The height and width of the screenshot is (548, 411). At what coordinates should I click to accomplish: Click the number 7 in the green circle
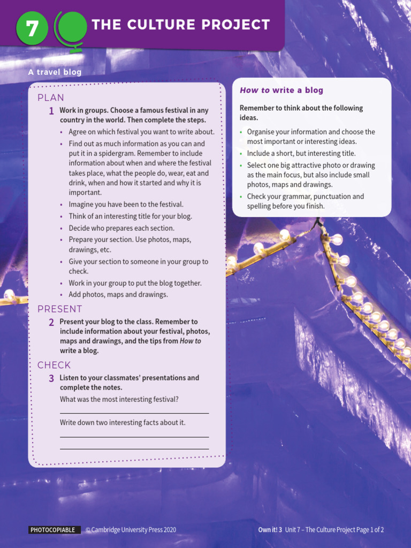[x=32, y=28]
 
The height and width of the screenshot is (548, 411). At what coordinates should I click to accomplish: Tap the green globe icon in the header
[x=71, y=28]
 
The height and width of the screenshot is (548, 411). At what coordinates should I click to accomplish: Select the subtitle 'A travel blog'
[x=55, y=72]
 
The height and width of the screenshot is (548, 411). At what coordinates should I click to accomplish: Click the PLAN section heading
[x=51, y=97]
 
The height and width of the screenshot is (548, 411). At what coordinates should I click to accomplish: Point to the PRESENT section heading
[x=60, y=309]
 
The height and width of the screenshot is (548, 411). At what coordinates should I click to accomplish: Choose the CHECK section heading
[x=54, y=365]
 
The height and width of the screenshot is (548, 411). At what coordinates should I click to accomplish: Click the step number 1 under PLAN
[x=51, y=111]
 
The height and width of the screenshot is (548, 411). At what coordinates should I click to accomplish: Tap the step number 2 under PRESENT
[x=51, y=322]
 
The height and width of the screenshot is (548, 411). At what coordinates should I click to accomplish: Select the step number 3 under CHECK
[x=51, y=378]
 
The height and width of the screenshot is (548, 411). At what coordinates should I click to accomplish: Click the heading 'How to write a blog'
[x=281, y=90]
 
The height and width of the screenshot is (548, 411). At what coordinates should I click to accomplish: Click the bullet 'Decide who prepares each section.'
[x=121, y=228]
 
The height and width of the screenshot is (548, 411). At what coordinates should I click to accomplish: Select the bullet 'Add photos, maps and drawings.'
[x=118, y=294]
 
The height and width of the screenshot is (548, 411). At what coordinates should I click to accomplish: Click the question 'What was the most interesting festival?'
[x=119, y=399]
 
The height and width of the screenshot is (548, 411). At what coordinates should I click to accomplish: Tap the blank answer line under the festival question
[x=134, y=413]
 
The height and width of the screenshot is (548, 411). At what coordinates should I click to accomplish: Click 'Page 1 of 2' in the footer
[x=370, y=530]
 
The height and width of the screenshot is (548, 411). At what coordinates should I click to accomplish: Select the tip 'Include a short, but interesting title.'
[x=301, y=154]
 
